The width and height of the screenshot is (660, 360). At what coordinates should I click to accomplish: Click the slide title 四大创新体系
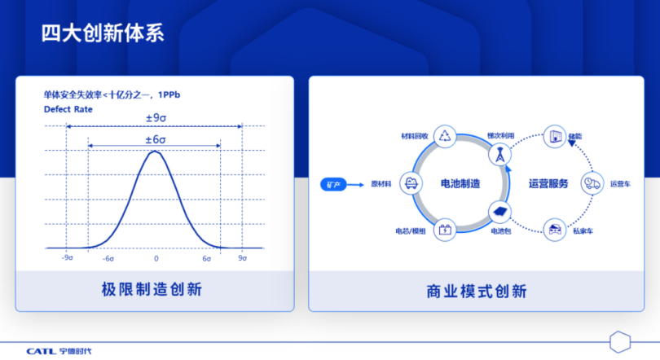point(103,33)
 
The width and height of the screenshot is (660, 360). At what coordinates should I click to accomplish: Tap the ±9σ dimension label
point(155,117)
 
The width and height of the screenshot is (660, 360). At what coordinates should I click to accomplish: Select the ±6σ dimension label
point(155,139)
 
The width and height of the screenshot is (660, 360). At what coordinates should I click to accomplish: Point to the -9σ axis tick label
point(67,258)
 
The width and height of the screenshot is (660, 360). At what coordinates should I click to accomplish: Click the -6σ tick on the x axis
point(108,258)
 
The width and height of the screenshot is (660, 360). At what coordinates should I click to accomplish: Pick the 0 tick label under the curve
point(156,258)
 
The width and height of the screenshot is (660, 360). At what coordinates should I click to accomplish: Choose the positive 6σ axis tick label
point(207,258)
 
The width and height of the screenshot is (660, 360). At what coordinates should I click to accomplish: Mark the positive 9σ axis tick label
point(242,258)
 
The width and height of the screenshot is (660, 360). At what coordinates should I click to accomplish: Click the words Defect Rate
point(68,109)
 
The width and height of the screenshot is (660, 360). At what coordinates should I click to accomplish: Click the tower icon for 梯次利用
point(498,152)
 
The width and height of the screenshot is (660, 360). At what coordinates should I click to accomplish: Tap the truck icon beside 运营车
point(591,184)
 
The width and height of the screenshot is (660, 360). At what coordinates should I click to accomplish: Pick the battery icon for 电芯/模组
point(446,230)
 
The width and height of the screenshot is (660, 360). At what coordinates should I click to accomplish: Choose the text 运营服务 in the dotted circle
point(548,184)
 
